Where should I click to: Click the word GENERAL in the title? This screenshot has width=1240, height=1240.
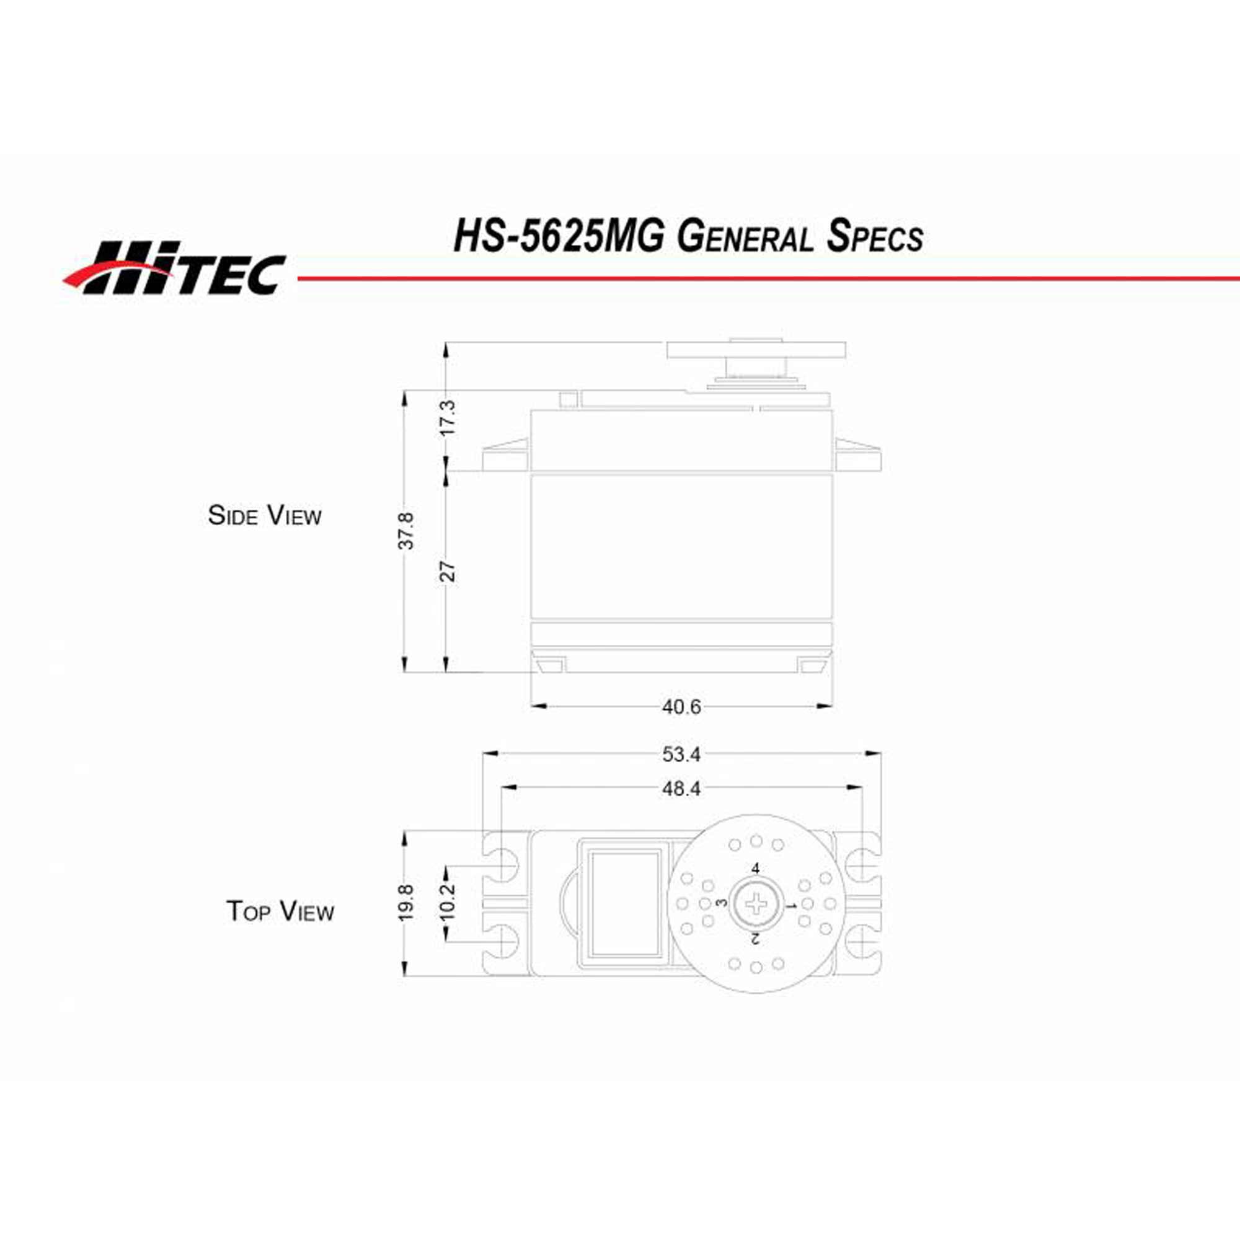pyautogui.click(x=745, y=237)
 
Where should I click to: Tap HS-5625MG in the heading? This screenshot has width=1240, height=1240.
pyautogui.click(x=559, y=237)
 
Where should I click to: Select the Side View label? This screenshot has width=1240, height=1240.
pyautogui.click(x=265, y=515)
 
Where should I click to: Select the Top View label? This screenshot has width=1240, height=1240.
pyautogui.click(x=280, y=911)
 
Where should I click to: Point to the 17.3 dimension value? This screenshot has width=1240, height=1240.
pyautogui.click(x=448, y=417)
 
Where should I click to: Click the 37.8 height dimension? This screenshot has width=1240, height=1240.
pyautogui.click(x=405, y=530)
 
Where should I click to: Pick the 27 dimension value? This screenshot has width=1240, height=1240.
pyautogui.click(x=448, y=570)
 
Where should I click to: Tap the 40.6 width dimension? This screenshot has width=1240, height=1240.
pyautogui.click(x=681, y=707)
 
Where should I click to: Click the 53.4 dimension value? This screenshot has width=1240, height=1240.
pyautogui.click(x=681, y=755)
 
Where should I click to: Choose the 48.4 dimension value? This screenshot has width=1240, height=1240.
pyautogui.click(x=681, y=789)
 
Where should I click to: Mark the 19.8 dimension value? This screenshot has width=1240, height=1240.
pyautogui.click(x=405, y=903)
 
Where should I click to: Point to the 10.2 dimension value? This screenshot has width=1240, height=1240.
pyautogui.click(x=448, y=901)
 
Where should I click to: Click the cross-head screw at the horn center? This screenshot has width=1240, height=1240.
pyautogui.click(x=756, y=905)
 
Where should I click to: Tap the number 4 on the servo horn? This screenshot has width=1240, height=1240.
pyautogui.click(x=755, y=869)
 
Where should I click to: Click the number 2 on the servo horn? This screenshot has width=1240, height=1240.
pyautogui.click(x=755, y=939)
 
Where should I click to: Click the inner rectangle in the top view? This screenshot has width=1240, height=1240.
pyautogui.click(x=625, y=904)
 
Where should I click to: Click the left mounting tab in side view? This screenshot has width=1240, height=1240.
pyautogui.click(x=506, y=457)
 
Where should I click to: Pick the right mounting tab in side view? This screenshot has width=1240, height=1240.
pyautogui.click(x=857, y=457)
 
